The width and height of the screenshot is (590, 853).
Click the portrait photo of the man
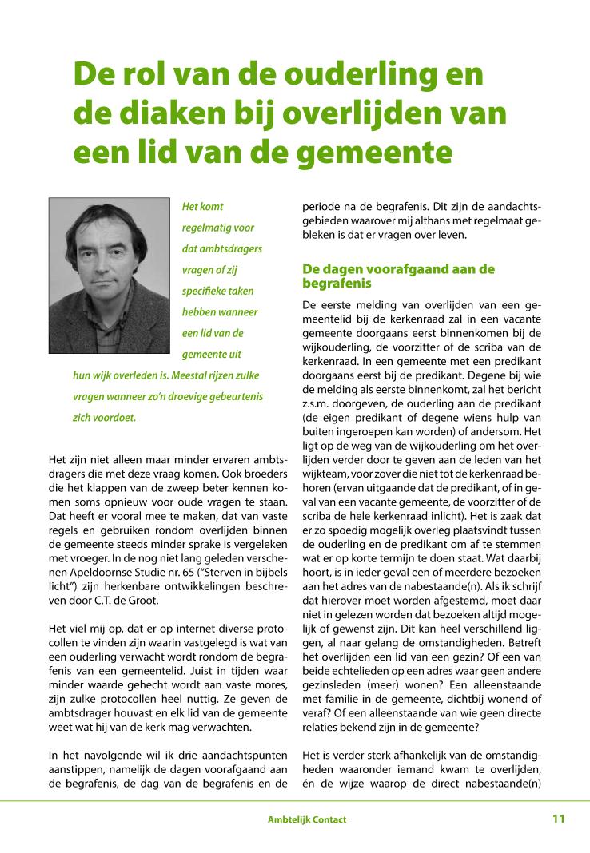tap(110, 276)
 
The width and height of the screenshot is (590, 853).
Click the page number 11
tap(558, 819)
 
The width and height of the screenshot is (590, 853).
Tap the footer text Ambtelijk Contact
tap(307, 819)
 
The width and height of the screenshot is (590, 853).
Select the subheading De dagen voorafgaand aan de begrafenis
tap(398, 276)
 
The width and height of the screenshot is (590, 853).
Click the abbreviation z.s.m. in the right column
tap(318, 405)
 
